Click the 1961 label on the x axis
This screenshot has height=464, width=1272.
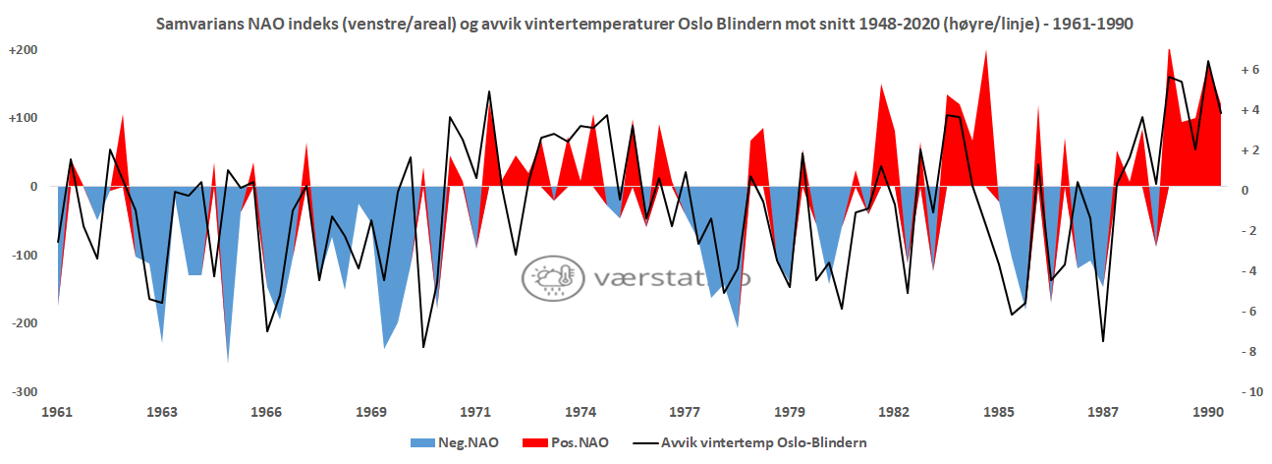coord(58,411)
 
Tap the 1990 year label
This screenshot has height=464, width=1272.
coord(1207,411)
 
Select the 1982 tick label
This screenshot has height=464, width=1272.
coord(894,411)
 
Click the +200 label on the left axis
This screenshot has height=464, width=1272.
coord(23,50)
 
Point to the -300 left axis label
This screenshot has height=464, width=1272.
coord(24,392)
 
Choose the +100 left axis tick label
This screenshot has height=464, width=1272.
coord(23,119)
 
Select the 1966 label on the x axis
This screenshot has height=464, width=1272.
coord(267,411)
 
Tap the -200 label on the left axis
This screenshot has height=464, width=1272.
coord(24,323)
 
